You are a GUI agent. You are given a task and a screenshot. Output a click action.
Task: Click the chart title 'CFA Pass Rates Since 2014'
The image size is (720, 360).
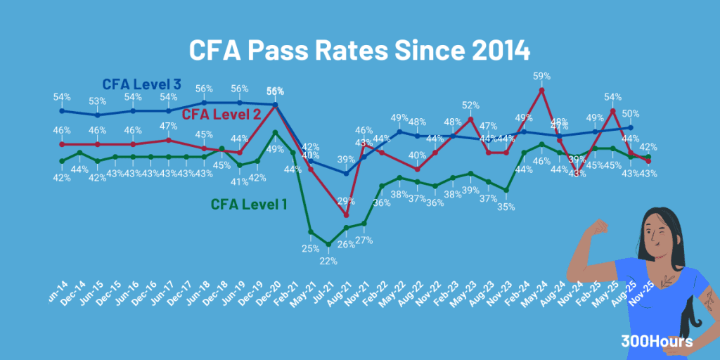[x=359, y=51]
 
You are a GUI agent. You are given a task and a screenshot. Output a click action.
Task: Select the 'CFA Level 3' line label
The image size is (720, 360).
[x=142, y=84]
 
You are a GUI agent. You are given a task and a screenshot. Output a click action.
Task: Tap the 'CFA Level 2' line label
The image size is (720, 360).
[x=222, y=114]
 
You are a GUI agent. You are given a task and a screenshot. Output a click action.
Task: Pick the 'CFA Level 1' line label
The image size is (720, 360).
[x=249, y=205]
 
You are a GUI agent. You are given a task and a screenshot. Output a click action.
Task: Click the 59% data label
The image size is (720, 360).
[x=541, y=75]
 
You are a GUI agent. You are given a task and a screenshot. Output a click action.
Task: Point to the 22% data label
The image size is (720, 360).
[x=328, y=261]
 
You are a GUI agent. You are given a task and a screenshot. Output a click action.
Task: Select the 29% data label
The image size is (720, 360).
[x=346, y=201]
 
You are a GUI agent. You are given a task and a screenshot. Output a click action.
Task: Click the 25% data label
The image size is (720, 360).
[x=310, y=248]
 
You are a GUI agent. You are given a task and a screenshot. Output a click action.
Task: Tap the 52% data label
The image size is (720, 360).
[x=470, y=105]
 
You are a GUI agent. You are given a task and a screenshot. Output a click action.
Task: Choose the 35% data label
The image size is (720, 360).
[x=506, y=207]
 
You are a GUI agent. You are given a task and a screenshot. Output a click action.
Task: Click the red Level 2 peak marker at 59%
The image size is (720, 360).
[x=541, y=90]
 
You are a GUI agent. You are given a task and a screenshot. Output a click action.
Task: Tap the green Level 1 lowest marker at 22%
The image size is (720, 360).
[x=328, y=245]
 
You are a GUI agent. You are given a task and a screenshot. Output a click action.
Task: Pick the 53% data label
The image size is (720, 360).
[x=98, y=101]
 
